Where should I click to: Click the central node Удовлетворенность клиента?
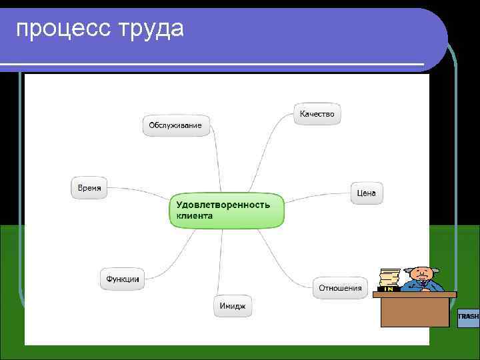[226, 211]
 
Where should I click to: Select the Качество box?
[317, 114]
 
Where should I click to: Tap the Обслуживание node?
[175, 125]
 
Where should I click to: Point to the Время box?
[89, 188]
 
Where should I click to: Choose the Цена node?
[366, 193]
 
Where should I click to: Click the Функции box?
[123, 279]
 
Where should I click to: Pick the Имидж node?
[233, 307]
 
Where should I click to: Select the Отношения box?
[340, 288]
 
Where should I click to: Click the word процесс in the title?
[61, 29]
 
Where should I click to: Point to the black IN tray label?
[388, 289]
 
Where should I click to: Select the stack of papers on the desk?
[389, 277]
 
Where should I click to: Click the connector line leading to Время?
[140, 192]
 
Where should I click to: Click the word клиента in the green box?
[195, 216]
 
